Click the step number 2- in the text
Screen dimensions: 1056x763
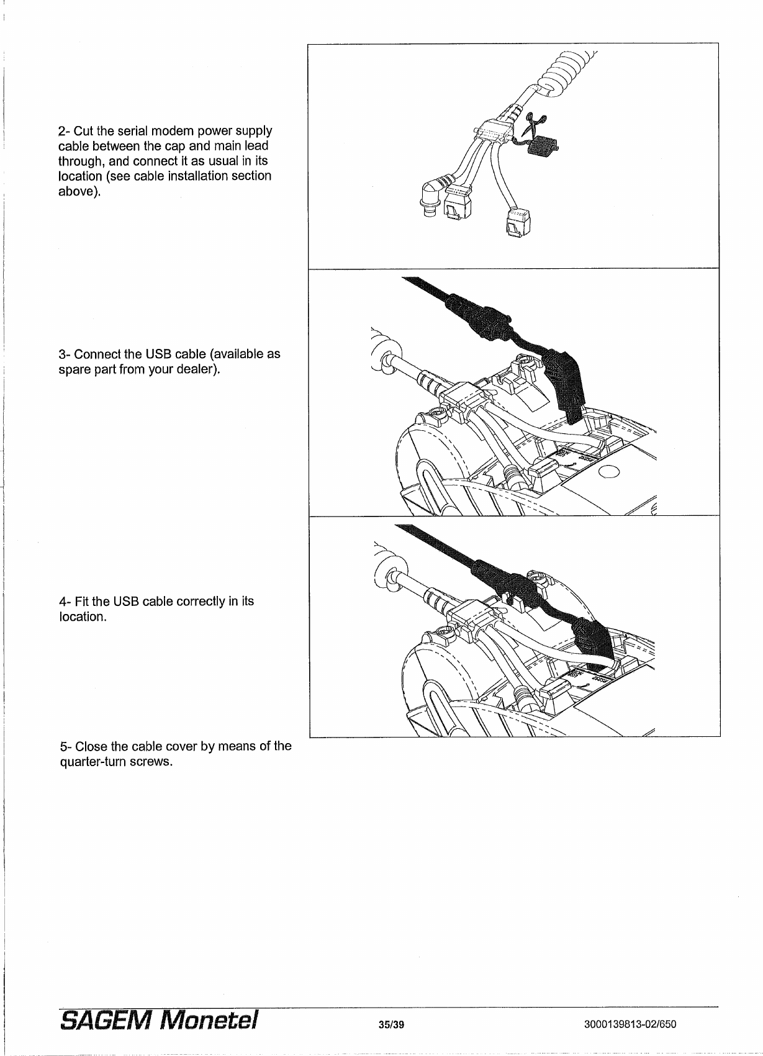(x=63, y=132)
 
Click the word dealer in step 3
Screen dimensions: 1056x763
(x=200, y=371)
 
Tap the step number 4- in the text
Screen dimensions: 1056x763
(x=63, y=602)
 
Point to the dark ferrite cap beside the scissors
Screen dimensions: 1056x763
(x=543, y=147)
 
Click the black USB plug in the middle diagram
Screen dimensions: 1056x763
(x=566, y=385)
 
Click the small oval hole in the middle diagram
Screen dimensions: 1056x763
(x=610, y=472)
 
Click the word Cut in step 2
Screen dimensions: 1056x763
(x=84, y=132)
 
